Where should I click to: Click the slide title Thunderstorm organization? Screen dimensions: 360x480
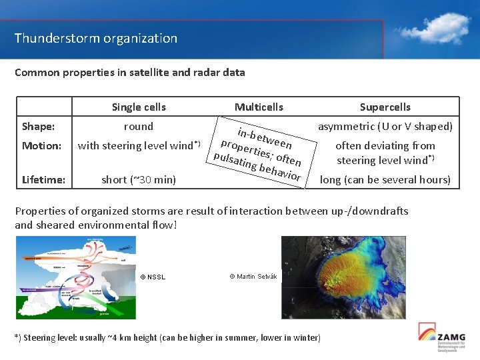96,38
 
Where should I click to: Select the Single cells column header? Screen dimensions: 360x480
139,107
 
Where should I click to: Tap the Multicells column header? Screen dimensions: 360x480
259,107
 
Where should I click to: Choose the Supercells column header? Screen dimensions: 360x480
385,107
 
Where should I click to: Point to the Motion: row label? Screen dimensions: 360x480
42,146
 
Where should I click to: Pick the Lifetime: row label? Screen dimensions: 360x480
43,179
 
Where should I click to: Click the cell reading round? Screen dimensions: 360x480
139,127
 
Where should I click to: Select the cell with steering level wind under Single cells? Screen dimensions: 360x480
139,146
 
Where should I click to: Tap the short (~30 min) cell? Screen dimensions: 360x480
139,179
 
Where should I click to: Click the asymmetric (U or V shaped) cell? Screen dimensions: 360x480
385,127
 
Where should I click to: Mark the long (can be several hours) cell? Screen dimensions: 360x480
385,179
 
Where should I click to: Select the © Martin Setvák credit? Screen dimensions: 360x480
253,276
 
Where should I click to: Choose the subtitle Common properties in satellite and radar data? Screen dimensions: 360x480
130,72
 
